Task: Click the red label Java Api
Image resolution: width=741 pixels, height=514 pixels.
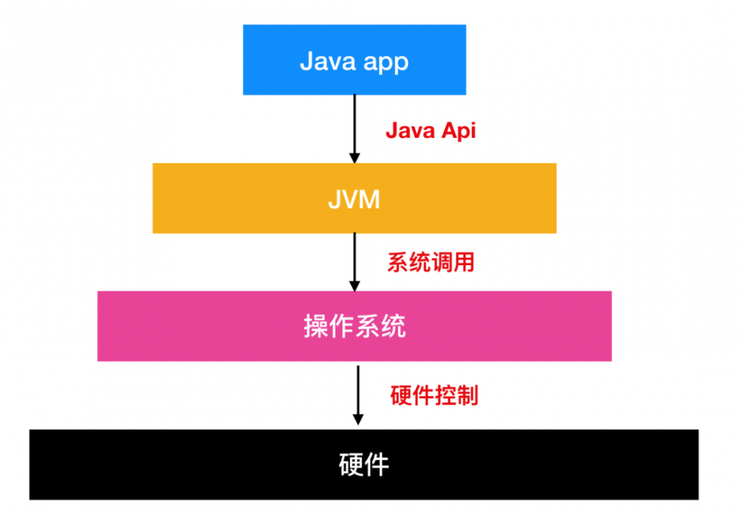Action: pos(431,131)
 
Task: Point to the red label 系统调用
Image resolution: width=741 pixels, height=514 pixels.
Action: pos(431,261)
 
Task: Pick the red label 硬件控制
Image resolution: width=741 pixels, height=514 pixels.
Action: pos(434,395)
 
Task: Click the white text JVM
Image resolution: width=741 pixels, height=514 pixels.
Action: pos(354,199)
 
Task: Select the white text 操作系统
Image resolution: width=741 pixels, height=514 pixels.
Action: pos(354,327)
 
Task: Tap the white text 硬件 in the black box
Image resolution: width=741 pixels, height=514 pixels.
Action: pos(363,464)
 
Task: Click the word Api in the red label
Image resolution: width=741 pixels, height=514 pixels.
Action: pos(459,131)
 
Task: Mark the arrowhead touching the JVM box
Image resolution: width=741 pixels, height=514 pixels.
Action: pos(354,157)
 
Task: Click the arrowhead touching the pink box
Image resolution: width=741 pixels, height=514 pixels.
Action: pos(354,285)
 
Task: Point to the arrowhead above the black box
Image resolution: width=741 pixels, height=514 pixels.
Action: pos(358,418)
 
